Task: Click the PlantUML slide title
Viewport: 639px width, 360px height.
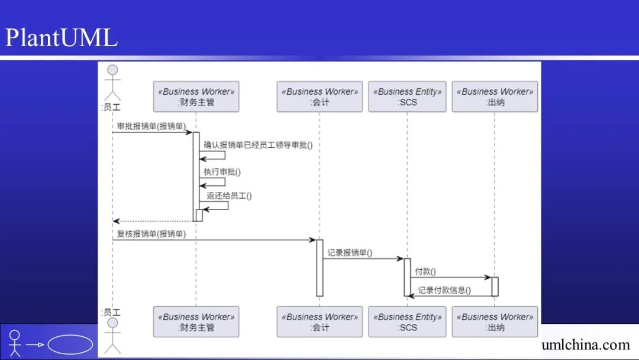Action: (62, 37)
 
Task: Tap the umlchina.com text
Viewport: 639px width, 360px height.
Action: (585, 345)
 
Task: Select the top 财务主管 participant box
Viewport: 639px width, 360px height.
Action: (196, 97)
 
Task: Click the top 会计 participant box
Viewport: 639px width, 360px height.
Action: (319, 97)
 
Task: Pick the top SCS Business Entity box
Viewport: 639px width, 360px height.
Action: (407, 97)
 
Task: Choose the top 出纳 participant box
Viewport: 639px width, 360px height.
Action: (495, 97)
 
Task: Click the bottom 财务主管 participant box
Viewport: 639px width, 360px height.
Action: (196, 322)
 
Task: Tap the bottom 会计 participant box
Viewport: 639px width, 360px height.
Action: (319, 322)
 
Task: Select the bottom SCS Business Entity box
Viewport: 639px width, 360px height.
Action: (407, 322)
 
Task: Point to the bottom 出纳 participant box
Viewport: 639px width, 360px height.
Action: (495, 322)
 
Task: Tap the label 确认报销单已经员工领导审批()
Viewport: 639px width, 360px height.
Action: (258, 144)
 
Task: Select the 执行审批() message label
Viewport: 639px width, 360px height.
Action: (222, 172)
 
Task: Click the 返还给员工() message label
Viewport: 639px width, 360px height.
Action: (229, 195)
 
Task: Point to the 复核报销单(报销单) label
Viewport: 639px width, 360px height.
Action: (151, 234)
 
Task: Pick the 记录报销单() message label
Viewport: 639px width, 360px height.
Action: (350, 252)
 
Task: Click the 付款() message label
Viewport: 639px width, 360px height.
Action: (425, 271)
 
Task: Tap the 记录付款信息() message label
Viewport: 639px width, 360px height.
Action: (444, 290)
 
